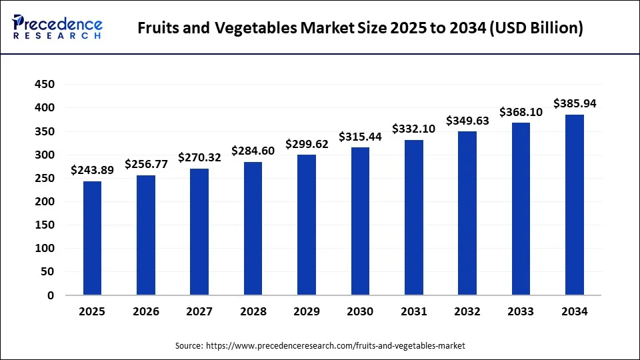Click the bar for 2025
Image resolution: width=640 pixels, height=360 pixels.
pyautogui.click(x=92, y=238)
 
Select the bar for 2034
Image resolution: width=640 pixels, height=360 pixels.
pyautogui.click(x=575, y=205)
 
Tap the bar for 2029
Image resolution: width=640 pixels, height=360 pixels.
pyautogui.click(x=307, y=225)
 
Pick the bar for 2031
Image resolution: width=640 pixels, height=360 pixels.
pyautogui.click(x=414, y=217)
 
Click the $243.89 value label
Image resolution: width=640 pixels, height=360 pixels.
pyautogui.click(x=92, y=170)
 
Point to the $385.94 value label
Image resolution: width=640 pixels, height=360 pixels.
pyautogui.click(x=575, y=103)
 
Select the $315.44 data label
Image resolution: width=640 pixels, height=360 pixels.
pyautogui.click(x=360, y=137)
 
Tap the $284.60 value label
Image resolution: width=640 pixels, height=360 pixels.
pyautogui.click(x=253, y=151)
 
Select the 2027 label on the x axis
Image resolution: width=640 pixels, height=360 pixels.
pyautogui.click(x=199, y=311)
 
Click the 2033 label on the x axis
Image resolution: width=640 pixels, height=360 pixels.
pyautogui.click(x=521, y=311)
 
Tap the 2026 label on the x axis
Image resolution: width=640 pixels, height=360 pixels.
pyautogui.click(x=146, y=311)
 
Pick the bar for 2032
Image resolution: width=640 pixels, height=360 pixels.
pyautogui.click(x=467, y=213)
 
